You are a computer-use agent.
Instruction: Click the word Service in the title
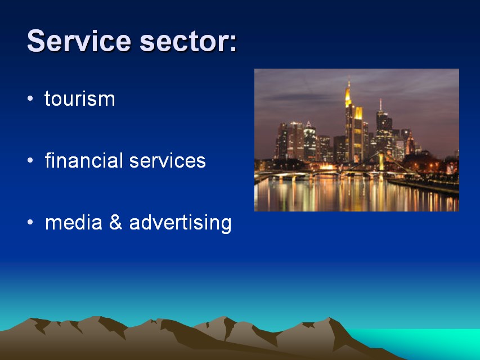(x=79, y=40)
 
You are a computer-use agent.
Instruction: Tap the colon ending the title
(x=232, y=43)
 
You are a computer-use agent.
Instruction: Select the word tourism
(x=79, y=98)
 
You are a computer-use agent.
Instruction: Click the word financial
(x=84, y=160)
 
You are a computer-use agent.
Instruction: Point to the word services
(x=168, y=161)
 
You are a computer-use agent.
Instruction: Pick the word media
(x=74, y=222)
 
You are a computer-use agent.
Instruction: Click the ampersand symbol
(x=116, y=222)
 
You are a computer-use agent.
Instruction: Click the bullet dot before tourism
(x=30, y=98)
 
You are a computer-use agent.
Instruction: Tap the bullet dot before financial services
(x=30, y=160)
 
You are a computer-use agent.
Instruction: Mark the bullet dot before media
(x=30, y=222)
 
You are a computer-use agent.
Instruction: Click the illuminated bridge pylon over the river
(x=381, y=161)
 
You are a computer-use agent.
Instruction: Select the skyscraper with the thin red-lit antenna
(x=384, y=129)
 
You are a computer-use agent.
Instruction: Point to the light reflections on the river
(x=352, y=195)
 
